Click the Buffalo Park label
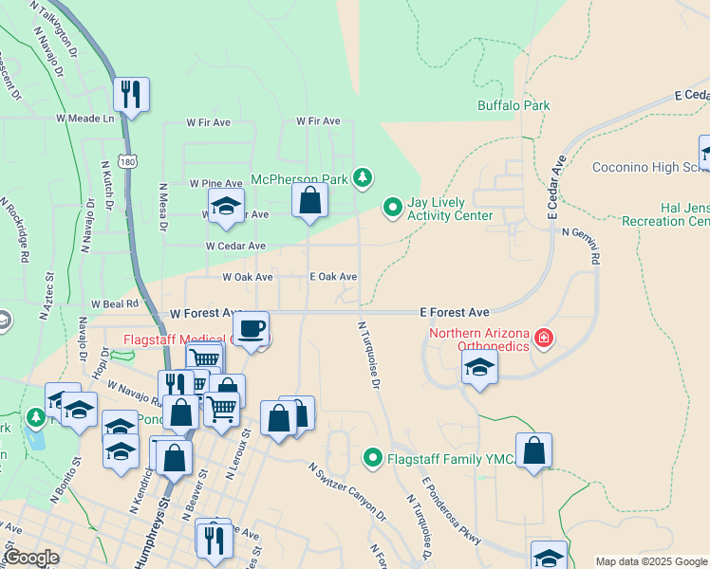(x=514, y=105)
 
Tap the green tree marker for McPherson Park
(x=361, y=177)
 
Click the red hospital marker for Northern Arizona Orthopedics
(x=543, y=339)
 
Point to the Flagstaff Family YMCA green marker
(x=373, y=459)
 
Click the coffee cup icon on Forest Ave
(x=251, y=329)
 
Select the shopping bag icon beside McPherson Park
(x=309, y=200)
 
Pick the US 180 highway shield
(x=125, y=162)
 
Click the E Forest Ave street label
(x=455, y=312)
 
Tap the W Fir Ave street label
(x=209, y=122)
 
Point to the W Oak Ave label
(x=247, y=277)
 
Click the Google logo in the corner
(x=30, y=558)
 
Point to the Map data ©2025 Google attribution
(x=651, y=561)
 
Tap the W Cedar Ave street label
(x=235, y=246)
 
